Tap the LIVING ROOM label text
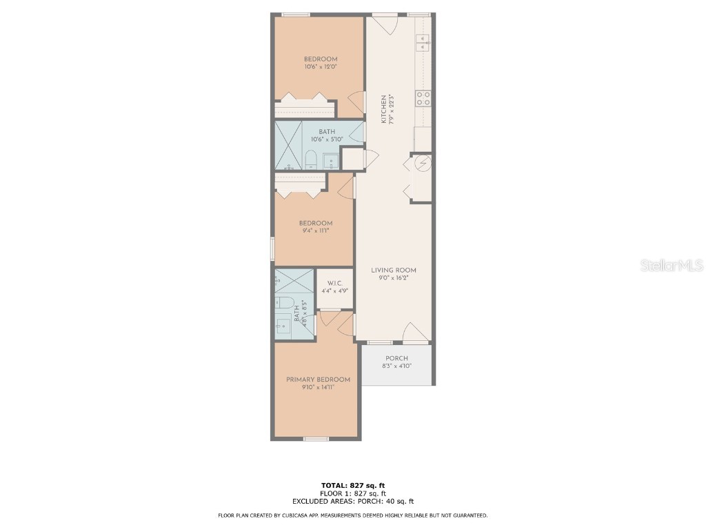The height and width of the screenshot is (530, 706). point(394,271)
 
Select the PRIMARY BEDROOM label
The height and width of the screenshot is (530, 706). point(318,380)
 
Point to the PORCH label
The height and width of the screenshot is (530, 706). point(396,358)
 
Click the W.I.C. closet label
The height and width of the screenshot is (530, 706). point(335,283)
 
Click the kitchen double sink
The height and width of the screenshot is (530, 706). point(423,43)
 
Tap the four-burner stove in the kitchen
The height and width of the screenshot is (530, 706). point(423,98)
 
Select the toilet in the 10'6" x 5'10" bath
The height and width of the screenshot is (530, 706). point(310,160)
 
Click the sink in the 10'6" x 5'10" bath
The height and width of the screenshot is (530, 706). point(331,162)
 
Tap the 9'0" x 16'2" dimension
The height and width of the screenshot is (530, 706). point(394,279)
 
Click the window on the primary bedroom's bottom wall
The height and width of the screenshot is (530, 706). point(316,439)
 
